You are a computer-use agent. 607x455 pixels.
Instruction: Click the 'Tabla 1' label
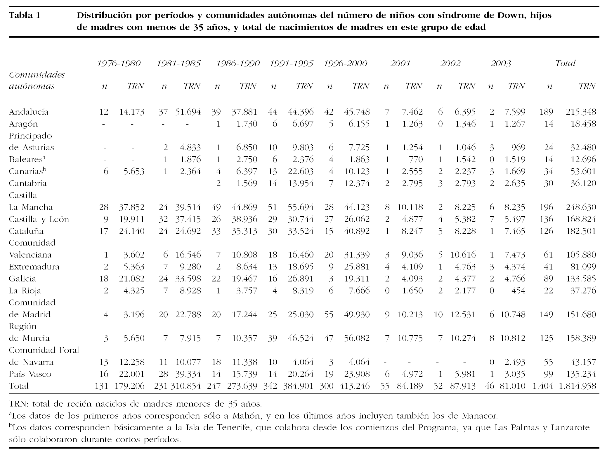[x=25, y=15]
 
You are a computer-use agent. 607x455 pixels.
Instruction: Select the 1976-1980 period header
[x=119, y=64]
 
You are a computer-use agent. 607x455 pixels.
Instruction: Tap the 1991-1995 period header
[x=291, y=64]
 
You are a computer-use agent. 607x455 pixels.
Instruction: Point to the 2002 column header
[x=450, y=64]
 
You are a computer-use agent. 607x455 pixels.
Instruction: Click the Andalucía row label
[x=29, y=112]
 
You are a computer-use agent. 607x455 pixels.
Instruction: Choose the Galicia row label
[x=22, y=279]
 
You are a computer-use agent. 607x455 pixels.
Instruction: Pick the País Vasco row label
[x=30, y=374]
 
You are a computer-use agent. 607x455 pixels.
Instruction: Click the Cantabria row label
[x=28, y=183]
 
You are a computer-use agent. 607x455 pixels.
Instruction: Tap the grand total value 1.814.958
[x=577, y=386]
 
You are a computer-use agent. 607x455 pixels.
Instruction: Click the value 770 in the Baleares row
[x=416, y=160]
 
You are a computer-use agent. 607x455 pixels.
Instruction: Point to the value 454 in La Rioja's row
[x=519, y=291]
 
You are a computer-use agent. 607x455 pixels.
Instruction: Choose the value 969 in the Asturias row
[x=519, y=148]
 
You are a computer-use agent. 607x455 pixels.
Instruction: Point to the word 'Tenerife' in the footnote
[x=235, y=428]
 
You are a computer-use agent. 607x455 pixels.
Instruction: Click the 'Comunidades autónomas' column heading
[x=37, y=80]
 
